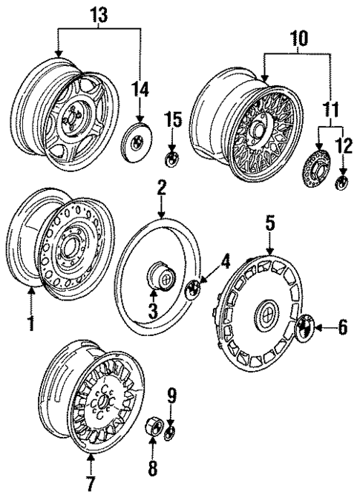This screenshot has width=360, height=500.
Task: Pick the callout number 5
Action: point(270,220)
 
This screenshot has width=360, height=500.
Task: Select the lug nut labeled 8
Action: point(152,430)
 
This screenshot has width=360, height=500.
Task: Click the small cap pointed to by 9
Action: point(170,432)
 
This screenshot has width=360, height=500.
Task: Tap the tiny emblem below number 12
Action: point(342,182)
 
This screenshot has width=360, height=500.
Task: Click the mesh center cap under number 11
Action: point(318,171)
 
